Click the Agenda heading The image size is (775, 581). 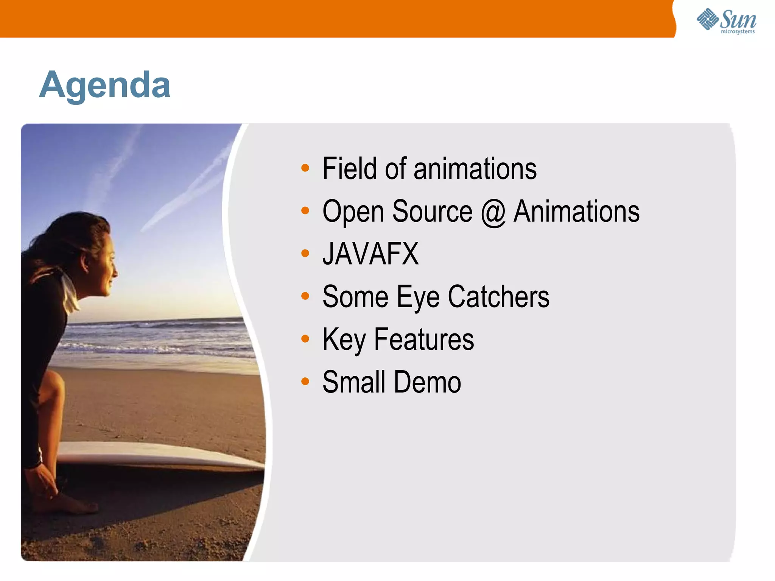(x=105, y=85)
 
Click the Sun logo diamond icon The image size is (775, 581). (x=707, y=19)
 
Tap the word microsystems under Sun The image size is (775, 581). (x=738, y=32)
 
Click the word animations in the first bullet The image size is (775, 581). (x=475, y=169)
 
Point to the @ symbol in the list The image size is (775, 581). (x=493, y=212)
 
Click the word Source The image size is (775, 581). (x=432, y=211)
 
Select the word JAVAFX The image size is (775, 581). (x=370, y=254)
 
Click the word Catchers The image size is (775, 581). (x=498, y=297)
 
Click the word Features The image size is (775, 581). (x=424, y=340)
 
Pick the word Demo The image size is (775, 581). (x=427, y=382)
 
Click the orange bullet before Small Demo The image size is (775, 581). (x=305, y=381)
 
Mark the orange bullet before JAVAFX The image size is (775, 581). (x=305, y=253)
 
